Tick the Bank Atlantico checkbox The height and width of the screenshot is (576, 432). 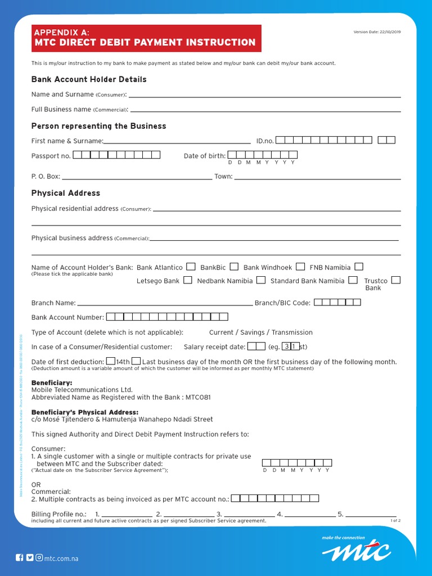click(191, 267)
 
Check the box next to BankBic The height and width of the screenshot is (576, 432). click(234, 267)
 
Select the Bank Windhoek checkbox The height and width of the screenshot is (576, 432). click(301, 267)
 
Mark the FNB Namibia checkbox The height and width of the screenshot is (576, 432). click(359, 267)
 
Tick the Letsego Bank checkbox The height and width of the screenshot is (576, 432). click(188, 280)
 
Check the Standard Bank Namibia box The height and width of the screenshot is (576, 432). click(353, 280)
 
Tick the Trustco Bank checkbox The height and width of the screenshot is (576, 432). click(396, 280)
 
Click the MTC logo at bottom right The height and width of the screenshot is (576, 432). click(356, 548)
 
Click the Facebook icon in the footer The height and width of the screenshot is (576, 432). click(20, 558)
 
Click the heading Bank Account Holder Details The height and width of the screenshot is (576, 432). click(89, 79)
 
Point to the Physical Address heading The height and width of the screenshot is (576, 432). click(66, 193)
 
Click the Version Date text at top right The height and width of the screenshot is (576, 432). click(377, 32)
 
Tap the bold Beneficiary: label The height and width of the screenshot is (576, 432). click(52, 382)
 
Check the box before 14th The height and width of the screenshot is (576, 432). click(111, 361)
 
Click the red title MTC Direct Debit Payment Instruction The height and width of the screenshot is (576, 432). click(145, 42)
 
